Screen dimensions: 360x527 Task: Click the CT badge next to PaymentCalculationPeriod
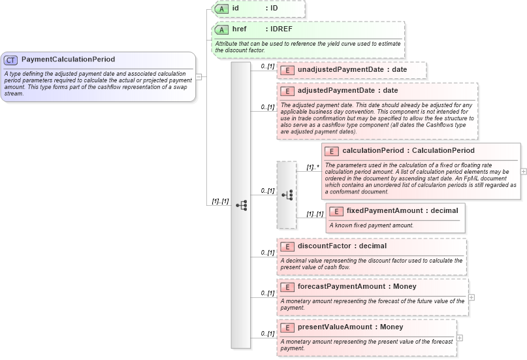tap(10, 59)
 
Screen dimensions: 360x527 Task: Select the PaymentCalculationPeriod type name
tap(68, 59)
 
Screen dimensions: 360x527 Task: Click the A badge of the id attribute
tap(221, 8)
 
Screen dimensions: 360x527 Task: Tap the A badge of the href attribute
tap(221, 30)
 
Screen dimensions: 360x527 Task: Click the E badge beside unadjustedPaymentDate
tap(286, 70)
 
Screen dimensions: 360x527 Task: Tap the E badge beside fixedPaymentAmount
tap(336, 211)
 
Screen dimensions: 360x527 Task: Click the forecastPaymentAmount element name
tap(347, 286)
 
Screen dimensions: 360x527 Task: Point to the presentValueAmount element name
tap(340, 327)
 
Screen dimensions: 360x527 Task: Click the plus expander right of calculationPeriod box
tap(524, 171)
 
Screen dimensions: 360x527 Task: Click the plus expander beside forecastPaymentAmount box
tap(471, 297)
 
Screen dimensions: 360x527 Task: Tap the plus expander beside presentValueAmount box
tap(460, 338)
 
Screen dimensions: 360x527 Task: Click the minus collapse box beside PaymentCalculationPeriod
tap(199, 76)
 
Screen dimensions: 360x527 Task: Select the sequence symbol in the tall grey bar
tap(241, 205)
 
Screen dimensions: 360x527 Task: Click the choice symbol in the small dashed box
tap(287, 195)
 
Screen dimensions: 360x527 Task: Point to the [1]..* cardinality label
tap(313, 167)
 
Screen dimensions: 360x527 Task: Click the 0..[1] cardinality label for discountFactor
tap(267, 252)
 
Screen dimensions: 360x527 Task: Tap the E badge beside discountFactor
tap(286, 246)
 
